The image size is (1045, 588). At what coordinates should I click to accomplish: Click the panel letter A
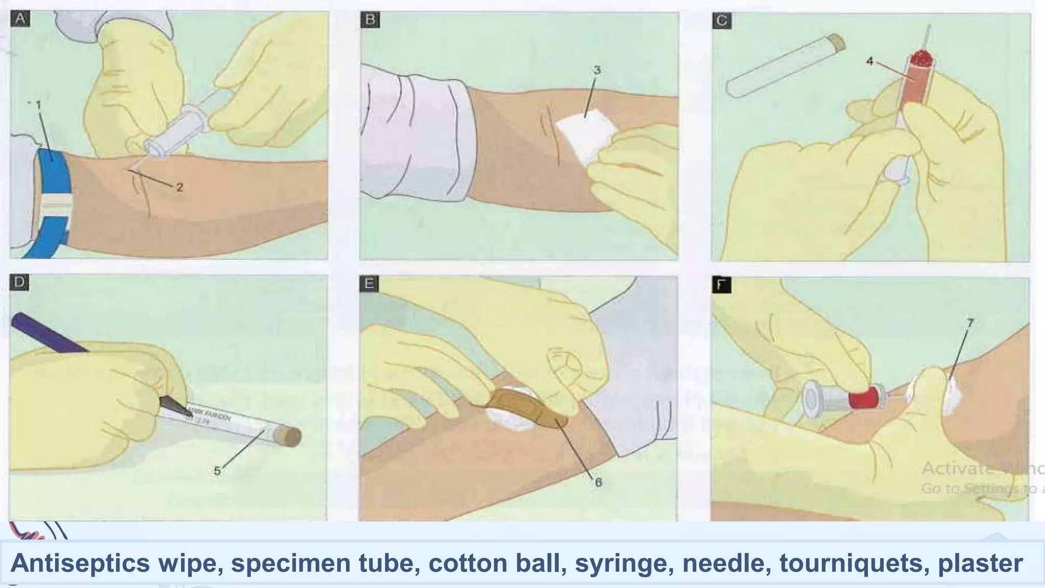pyautogui.click(x=20, y=19)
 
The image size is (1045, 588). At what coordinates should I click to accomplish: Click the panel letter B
pyautogui.click(x=370, y=20)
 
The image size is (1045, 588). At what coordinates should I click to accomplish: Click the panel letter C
pyautogui.click(x=722, y=21)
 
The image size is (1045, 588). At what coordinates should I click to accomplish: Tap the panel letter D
pyautogui.click(x=19, y=282)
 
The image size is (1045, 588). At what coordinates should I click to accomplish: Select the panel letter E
pyautogui.click(x=369, y=284)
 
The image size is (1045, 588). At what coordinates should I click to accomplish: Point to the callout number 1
pyautogui.click(x=38, y=105)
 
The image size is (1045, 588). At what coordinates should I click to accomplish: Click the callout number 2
pyautogui.click(x=179, y=188)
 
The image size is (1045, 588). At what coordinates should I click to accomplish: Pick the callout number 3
pyautogui.click(x=596, y=70)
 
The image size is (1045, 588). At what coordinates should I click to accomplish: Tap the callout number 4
pyautogui.click(x=869, y=62)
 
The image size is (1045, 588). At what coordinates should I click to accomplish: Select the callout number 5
pyautogui.click(x=217, y=471)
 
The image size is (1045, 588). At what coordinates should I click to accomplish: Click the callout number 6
pyautogui.click(x=599, y=482)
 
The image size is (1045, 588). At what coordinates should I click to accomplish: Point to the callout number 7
pyautogui.click(x=970, y=323)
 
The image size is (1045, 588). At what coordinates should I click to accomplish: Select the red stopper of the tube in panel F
pyautogui.click(x=866, y=398)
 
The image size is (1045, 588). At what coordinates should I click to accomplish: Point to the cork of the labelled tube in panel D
pyautogui.click(x=289, y=436)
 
